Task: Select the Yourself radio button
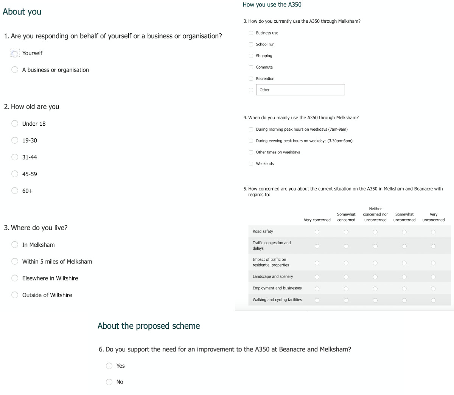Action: [x=15, y=53]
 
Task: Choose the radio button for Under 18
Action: [x=15, y=123]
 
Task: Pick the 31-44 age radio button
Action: [x=15, y=157]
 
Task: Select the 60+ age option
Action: [x=15, y=190]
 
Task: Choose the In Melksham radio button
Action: [x=15, y=245]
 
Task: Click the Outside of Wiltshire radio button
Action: [x=15, y=295]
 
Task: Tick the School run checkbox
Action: [x=251, y=44]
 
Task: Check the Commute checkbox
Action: [x=251, y=67]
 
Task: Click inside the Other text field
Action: [x=300, y=90]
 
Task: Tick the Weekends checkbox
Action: [x=251, y=164]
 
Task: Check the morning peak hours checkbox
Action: [x=251, y=129]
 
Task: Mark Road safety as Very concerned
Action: [x=317, y=232]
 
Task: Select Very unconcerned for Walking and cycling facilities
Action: [x=433, y=300]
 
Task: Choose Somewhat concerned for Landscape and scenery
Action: [x=346, y=277]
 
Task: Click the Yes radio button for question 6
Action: [x=109, y=366]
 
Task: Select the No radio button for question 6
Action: [x=109, y=382]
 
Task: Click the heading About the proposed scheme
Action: [x=149, y=326]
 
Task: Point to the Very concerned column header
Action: [x=317, y=220]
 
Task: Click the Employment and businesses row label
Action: [x=277, y=288]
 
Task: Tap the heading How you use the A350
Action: [x=272, y=5]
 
